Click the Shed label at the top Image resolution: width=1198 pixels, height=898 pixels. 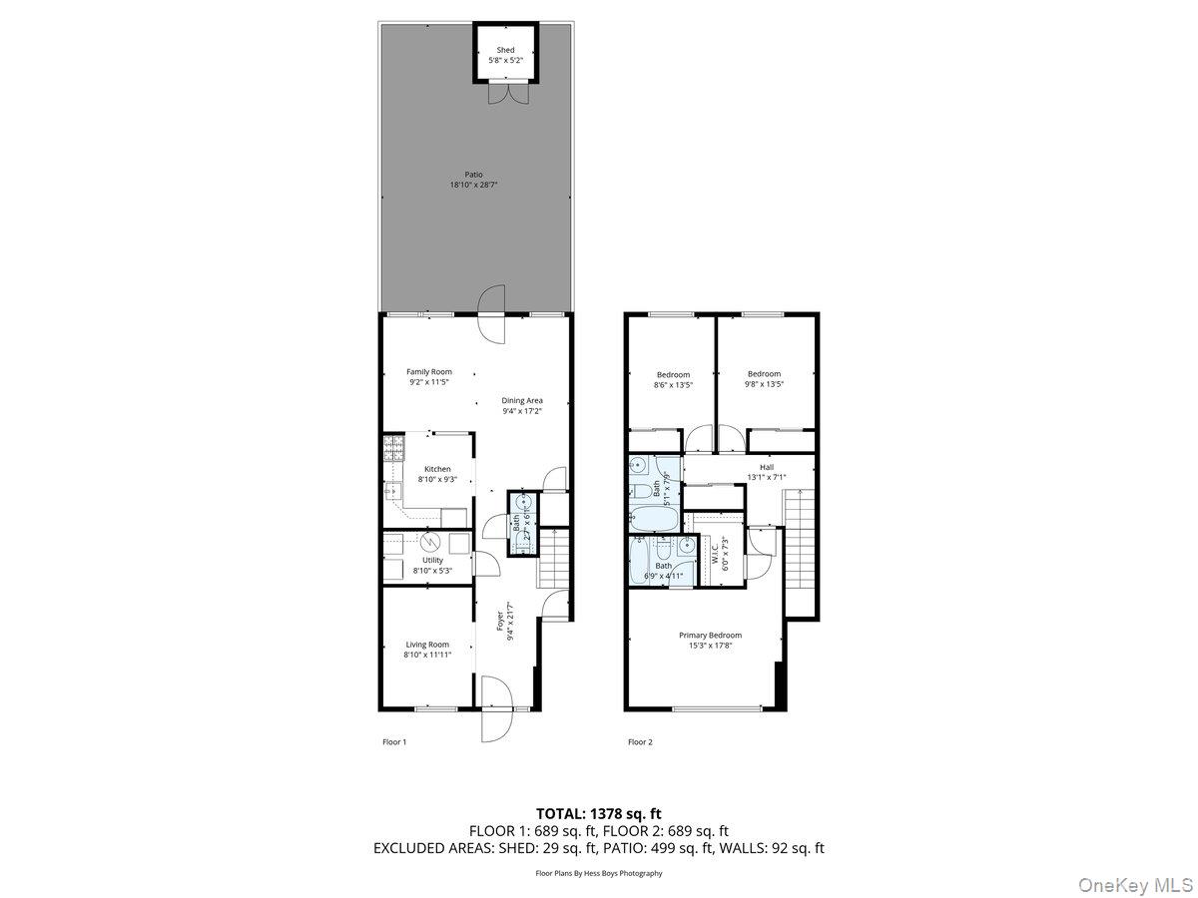[506, 50]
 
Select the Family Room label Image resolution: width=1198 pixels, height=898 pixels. [428, 372]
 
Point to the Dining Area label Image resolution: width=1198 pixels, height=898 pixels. [522, 401]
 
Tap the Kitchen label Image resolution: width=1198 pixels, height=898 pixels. [437, 469]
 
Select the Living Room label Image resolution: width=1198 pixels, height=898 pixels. [427, 645]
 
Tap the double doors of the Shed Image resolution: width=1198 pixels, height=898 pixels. [506, 93]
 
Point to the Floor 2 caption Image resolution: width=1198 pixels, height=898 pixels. [639, 742]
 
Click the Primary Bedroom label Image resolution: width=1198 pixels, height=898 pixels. [710, 636]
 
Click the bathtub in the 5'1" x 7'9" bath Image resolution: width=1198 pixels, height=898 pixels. [655, 518]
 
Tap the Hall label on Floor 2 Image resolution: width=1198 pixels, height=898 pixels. [766, 467]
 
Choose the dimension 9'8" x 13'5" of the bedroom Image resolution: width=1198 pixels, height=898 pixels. [764, 385]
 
